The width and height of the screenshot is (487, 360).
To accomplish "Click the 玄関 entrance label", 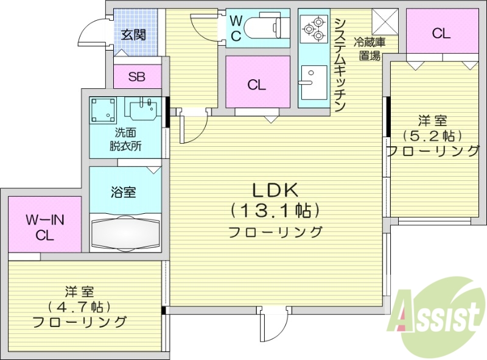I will coord(133,35).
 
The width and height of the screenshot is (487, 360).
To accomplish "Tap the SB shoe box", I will coord(136,77).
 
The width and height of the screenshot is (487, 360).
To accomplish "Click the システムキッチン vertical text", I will coord(340,64).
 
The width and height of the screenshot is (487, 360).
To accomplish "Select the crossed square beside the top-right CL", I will coord(385,23).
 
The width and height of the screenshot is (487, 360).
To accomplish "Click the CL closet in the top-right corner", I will coord(441,34).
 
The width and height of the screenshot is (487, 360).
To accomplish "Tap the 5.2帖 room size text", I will coord(433,135).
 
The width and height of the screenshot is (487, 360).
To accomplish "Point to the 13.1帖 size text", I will coord(275,211).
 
